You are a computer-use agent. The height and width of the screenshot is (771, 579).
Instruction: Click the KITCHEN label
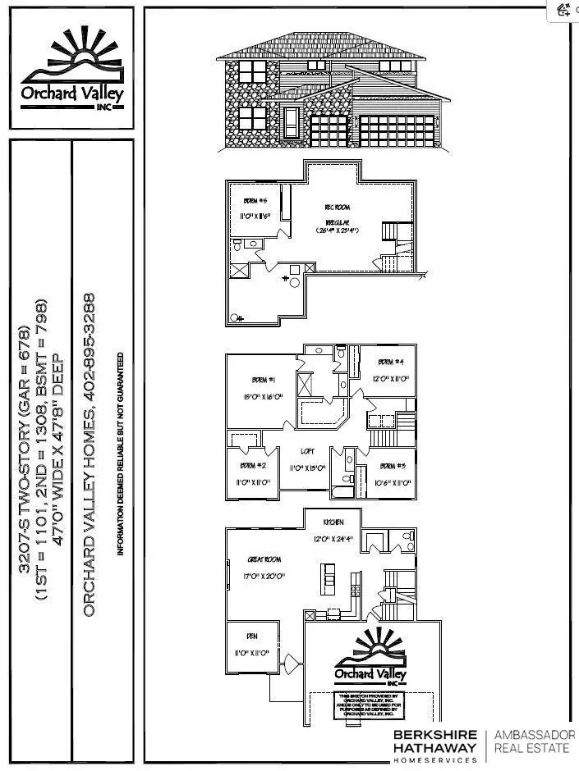(x=333, y=522)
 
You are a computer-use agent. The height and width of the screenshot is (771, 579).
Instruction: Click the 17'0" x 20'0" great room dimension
(x=265, y=576)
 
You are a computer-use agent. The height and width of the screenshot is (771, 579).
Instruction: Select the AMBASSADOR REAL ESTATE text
(x=534, y=741)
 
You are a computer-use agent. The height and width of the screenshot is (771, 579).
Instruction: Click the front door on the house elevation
(x=290, y=124)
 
